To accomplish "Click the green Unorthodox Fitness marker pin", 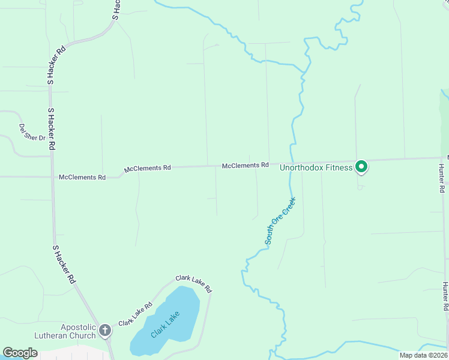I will pyautogui.click(x=361, y=166).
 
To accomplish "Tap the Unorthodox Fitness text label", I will pyautogui.click(x=316, y=167).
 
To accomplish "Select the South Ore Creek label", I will pyautogui.click(x=280, y=221).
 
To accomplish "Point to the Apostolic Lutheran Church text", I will pyautogui.click(x=69, y=331).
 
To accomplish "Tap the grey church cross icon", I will pyautogui.click(x=105, y=329).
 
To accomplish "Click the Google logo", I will pyautogui.click(x=20, y=353).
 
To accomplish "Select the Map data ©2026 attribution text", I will pyautogui.click(x=424, y=355).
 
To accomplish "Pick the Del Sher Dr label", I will pyautogui.click(x=32, y=133).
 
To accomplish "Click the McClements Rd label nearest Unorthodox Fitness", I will pyautogui.click(x=245, y=165).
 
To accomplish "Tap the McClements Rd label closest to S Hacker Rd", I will pyautogui.click(x=82, y=177).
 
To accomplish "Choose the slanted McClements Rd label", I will pyautogui.click(x=148, y=169).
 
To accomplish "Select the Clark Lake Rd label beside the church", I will pyautogui.click(x=135, y=314).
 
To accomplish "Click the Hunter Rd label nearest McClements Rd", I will pyautogui.click(x=441, y=178).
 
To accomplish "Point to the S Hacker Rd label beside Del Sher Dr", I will pyautogui.click(x=52, y=128).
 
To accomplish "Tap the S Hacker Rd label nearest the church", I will pyautogui.click(x=64, y=264).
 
